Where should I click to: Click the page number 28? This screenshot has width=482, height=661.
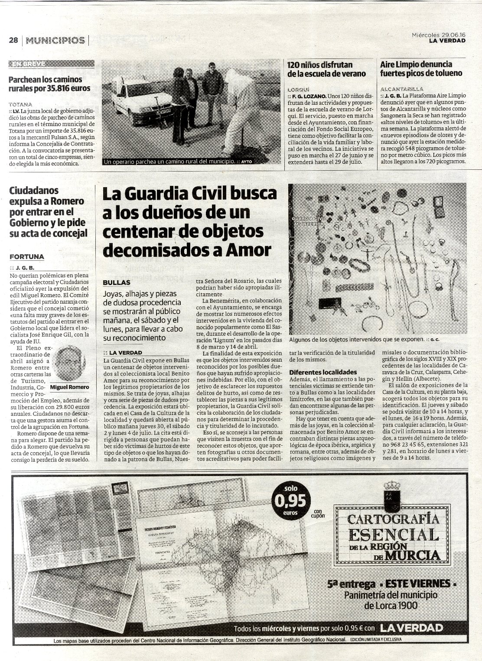pyautogui.click(x=13, y=40)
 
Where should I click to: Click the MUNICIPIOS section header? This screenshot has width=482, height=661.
pyautogui.click(x=55, y=40)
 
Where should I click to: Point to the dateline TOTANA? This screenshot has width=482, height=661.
pyautogui.click(x=20, y=104)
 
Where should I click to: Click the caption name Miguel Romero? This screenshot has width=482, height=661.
pyautogui.click(x=70, y=387)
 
